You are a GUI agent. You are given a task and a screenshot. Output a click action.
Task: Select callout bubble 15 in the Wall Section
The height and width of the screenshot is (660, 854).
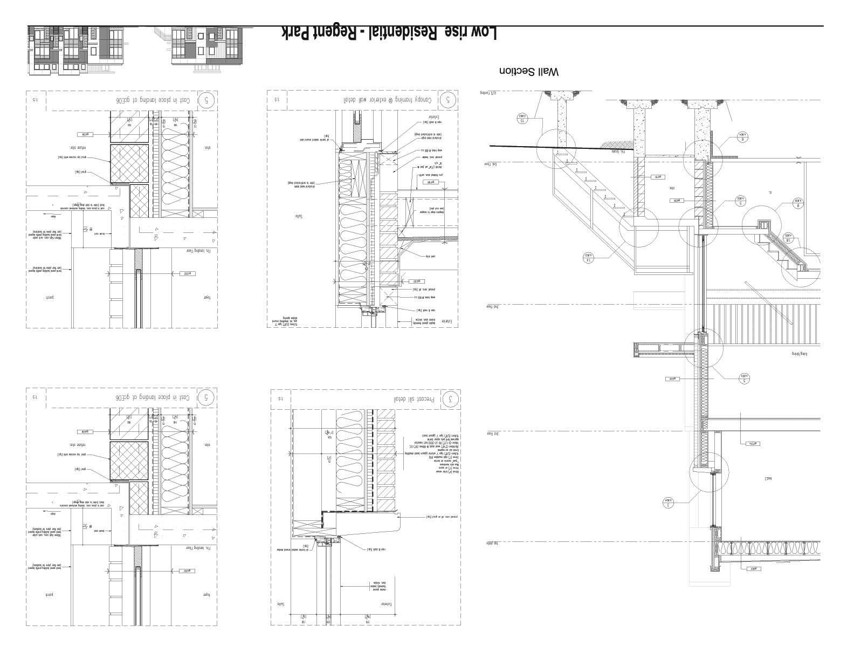(522, 119)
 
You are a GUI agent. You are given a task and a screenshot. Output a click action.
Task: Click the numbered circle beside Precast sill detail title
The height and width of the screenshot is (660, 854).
(451, 400)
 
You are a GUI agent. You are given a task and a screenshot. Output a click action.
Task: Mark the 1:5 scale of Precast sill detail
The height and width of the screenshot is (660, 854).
(280, 399)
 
